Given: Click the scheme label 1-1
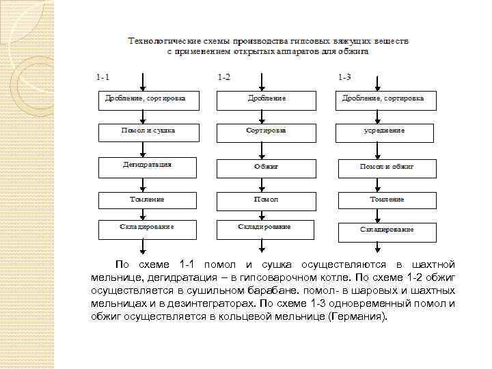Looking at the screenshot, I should click(103, 77).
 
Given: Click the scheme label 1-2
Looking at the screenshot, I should click(223, 77).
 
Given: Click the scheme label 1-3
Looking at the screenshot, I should click(344, 77).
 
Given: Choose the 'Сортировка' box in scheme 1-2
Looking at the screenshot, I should click(266, 131).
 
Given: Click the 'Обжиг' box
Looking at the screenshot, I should click(266, 166).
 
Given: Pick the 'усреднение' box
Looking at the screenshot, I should click(387, 131).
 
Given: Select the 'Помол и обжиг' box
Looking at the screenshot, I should click(387, 166).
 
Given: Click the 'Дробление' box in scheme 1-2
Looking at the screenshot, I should click(266, 100).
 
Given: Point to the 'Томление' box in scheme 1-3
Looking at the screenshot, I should click(387, 200).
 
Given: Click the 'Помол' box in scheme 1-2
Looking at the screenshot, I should click(266, 200).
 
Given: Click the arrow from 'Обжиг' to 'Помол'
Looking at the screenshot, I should click(266, 182).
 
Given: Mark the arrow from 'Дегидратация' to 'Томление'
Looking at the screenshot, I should click(142, 182).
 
